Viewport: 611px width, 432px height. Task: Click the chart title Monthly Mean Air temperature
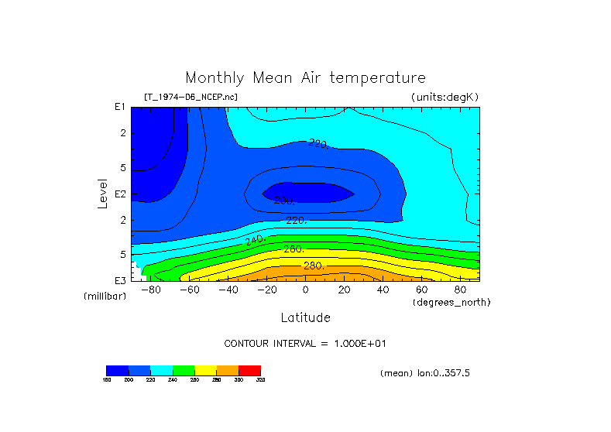(x=305, y=78)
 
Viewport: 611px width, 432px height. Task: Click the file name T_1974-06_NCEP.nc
(x=191, y=97)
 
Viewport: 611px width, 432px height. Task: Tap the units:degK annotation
(x=445, y=97)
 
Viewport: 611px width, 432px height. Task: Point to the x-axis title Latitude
(x=305, y=317)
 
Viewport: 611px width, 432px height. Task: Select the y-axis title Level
(x=102, y=194)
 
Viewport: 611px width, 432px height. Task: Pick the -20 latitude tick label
(x=266, y=290)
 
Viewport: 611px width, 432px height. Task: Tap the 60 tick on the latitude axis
(x=421, y=290)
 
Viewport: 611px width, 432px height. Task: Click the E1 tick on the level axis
(x=119, y=107)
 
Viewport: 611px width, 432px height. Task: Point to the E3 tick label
(x=119, y=280)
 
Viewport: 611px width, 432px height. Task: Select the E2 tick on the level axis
(x=119, y=194)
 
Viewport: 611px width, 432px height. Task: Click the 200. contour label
(x=284, y=201)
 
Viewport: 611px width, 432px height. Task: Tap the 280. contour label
(x=313, y=266)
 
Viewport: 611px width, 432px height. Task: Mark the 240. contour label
(x=256, y=241)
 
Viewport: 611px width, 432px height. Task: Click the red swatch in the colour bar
(x=249, y=370)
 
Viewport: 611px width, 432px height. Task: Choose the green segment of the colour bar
(x=184, y=370)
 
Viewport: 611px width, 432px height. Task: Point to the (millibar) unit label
(x=105, y=297)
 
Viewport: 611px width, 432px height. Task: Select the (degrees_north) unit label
(x=451, y=301)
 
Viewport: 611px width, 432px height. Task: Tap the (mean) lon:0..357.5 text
(x=425, y=373)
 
